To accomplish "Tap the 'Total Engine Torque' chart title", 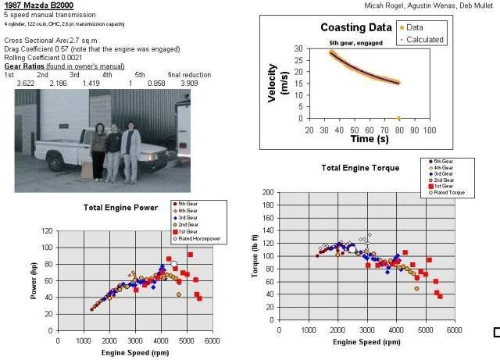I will [359, 168].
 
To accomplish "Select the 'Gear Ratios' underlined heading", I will [24, 68].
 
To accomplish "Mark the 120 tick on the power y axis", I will [49, 231].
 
